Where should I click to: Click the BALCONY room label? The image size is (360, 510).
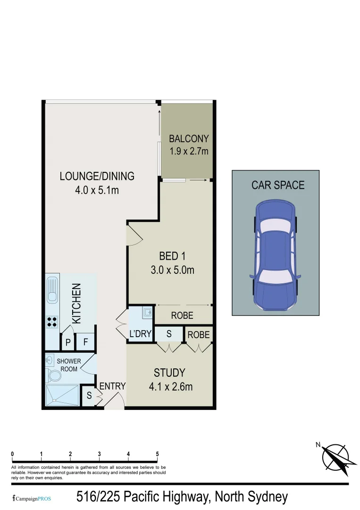(189, 139)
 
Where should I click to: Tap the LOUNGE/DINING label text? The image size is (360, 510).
(97, 176)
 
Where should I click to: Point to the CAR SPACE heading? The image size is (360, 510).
(278, 185)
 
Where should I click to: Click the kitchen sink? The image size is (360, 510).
(52, 290)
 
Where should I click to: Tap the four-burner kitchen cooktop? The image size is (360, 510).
(52, 322)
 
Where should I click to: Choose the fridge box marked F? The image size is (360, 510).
(86, 342)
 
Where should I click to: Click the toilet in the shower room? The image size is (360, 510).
(54, 376)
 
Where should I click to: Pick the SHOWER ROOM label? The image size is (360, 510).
(69, 365)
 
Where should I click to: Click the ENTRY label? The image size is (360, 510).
(112, 386)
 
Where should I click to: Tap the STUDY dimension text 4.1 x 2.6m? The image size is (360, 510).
(170, 387)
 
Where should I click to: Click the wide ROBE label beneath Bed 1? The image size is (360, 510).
(182, 315)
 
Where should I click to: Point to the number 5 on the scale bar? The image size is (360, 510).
(157, 454)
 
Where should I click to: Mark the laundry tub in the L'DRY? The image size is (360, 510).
(147, 312)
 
